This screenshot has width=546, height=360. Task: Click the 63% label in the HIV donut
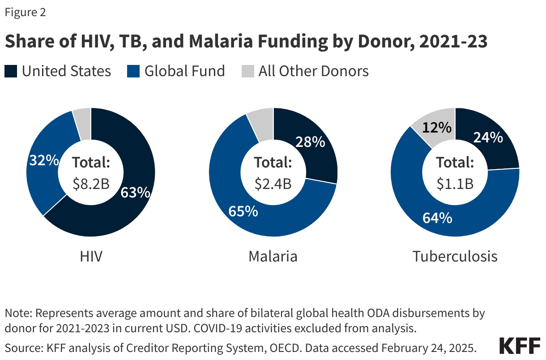click(135, 193)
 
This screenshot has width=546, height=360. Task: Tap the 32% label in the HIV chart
click(43, 160)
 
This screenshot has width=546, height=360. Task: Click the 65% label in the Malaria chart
click(243, 211)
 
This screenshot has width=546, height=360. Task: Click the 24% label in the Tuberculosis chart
click(488, 137)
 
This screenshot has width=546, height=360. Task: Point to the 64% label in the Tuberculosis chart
click(437, 218)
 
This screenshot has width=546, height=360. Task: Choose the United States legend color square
click(11, 71)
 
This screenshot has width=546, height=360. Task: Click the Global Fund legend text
click(184, 71)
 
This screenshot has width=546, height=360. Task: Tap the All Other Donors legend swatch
click(247, 71)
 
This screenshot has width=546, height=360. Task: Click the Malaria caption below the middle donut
click(273, 257)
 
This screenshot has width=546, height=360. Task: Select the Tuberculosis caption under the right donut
click(455, 257)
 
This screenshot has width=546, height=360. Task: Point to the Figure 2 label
click(25, 13)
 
